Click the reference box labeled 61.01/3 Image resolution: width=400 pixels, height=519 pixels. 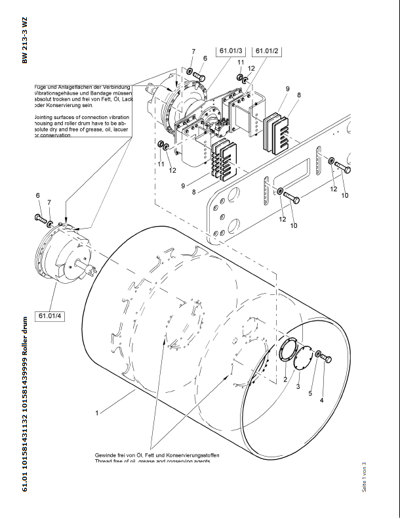[231, 51]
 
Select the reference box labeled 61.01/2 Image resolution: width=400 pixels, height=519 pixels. [267, 51]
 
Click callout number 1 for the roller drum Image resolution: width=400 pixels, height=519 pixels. [96, 413]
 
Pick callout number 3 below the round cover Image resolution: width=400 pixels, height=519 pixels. [298, 387]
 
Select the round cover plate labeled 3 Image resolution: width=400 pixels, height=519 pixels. [303, 361]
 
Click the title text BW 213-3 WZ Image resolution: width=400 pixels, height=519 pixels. [25, 41]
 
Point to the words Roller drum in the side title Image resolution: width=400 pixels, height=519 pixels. [25, 339]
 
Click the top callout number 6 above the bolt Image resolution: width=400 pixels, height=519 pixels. [205, 58]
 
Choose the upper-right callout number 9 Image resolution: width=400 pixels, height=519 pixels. [287, 88]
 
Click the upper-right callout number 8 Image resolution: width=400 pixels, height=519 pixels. [299, 95]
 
